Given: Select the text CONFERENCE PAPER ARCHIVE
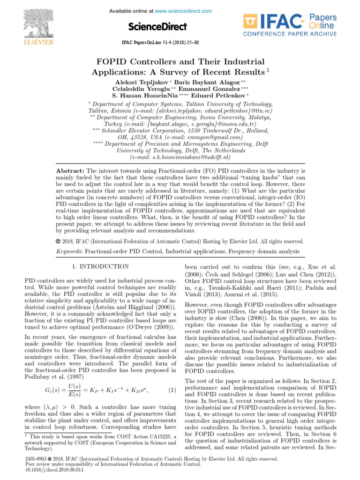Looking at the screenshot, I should pyautogui.click(x=289, y=34).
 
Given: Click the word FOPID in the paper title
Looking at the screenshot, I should pyautogui.click(x=112, y=62).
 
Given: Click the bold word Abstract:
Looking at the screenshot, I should pyautogui.click(x=70, y=171).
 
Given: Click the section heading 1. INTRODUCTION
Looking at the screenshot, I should pyautogui.click(x=100, y=266).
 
